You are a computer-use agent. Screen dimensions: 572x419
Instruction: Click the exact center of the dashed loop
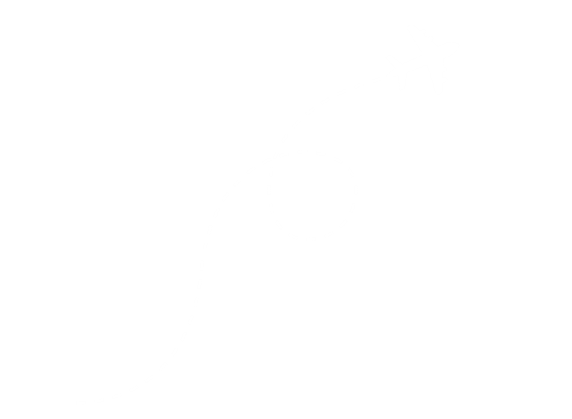pyautogui.click(x=313, y=195)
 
